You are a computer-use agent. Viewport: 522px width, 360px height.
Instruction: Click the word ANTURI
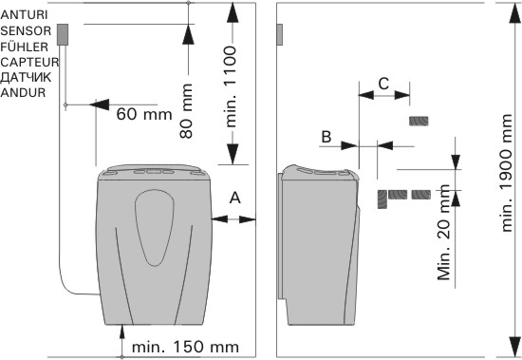[25, 15]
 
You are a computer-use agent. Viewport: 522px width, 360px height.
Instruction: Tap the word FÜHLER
[25, 47]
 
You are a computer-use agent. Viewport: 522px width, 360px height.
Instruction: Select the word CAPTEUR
[30, 62]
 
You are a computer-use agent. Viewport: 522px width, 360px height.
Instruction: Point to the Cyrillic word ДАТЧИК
[26, 77]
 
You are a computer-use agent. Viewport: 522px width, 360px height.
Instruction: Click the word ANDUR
[23, 92]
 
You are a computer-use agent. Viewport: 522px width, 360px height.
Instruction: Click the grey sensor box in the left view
[63, 34]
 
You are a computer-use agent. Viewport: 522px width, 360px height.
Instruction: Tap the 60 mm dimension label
[144, 114]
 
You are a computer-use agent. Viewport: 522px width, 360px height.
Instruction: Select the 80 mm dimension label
[186, 111]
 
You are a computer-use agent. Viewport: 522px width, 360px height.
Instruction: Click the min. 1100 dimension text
[231, 87]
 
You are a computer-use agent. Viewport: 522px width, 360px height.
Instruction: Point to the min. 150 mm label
[185, 347]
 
